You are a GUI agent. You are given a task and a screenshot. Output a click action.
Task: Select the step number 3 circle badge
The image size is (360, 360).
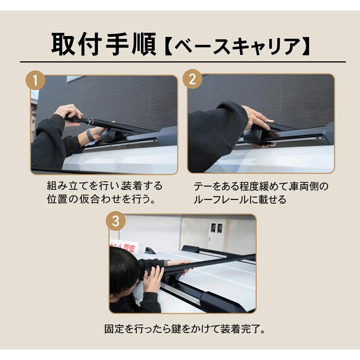(115, 222)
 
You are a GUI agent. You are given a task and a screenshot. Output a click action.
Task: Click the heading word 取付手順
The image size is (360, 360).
(103, 44)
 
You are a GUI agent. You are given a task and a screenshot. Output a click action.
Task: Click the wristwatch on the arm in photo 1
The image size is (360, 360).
(90, 135)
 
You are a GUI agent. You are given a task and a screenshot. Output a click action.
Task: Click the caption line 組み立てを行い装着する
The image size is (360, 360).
(105, 186)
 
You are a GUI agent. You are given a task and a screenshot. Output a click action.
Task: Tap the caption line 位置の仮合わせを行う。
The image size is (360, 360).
(101, 199)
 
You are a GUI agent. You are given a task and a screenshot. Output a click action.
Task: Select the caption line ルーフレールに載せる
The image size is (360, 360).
(240, 200)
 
